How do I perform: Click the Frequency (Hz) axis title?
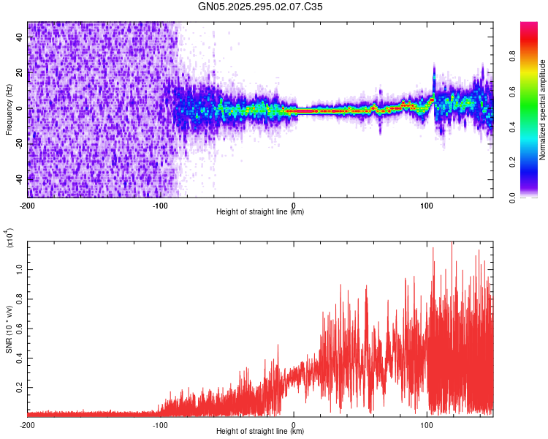[9, 109]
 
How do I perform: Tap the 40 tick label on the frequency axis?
[20, 38]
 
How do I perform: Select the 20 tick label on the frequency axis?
[20, 73]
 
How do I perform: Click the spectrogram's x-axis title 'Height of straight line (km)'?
[260, 212]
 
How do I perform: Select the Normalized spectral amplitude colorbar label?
[542, 110]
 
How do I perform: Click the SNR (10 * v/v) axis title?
[9, 329]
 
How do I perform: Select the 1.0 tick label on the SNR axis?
[20, 269]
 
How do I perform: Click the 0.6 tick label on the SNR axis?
[20, 327]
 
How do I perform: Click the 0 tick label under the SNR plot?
[294, 424]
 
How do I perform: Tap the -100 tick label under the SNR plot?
[161, 424]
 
